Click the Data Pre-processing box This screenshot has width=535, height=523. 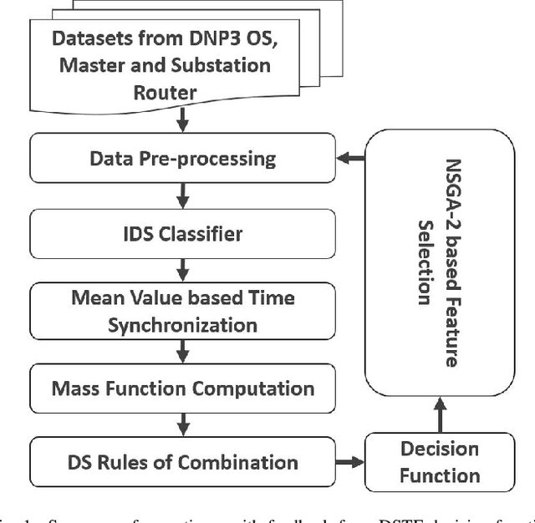tap(182, 159)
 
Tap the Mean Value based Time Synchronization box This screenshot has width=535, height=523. tap(182, 311)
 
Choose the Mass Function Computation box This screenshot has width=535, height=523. tap(182, 388)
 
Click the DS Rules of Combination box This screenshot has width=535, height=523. tap(182, 462)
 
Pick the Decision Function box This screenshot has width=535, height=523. tap(439, 462)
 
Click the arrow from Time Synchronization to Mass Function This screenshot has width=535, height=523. tap(182, 350)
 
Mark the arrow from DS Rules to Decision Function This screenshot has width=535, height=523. tap(352, 462)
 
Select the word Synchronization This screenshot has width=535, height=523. tap(182, 324)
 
